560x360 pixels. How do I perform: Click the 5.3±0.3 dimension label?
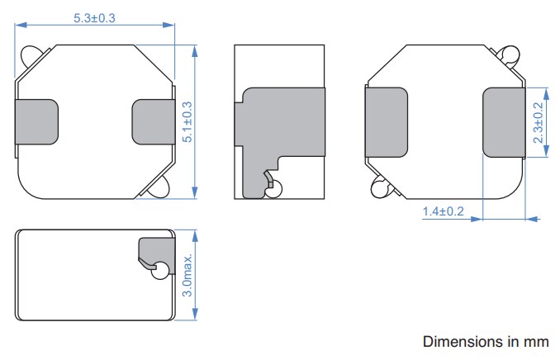[x=95, y=16]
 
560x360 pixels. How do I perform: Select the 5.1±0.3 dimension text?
[x=187, y=122]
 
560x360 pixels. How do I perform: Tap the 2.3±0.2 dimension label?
[x=538, y=122]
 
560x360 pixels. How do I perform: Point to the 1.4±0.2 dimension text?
[x=444, y=211]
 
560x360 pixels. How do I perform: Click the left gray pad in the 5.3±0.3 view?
[x=37, y=121]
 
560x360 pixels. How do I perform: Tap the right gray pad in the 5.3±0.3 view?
[x=153, y=121]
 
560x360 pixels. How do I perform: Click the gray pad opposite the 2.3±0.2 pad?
[x=387, y=122]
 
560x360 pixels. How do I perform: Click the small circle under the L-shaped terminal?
[x=274, y=189]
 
